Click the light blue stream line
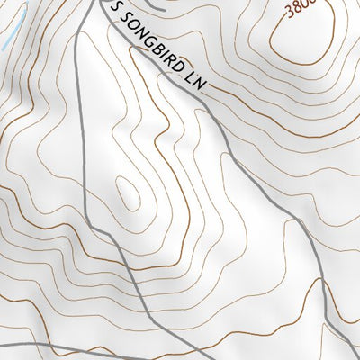7,36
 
